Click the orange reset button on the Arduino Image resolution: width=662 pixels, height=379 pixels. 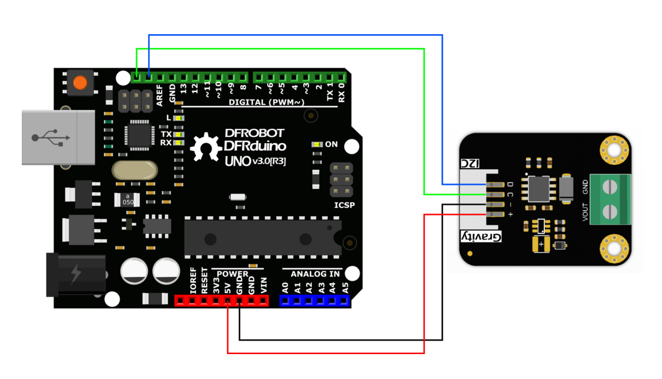click(x=80, y=83)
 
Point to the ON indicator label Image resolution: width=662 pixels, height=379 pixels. click(x=331, y=144)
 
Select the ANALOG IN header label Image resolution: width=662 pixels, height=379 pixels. click(x=315, y=273)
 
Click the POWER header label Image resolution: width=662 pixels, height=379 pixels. click(x=233, y=273)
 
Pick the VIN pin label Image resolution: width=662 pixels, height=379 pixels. click(x=263, y=286)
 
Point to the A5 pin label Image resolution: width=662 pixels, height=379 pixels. click(x=345, y=288)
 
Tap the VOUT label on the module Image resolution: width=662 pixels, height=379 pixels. click(x=585, y=212)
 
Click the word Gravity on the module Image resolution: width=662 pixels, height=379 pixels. click(x=480, y=236)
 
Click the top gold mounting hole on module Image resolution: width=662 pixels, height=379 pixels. click(x=614, y=148)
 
